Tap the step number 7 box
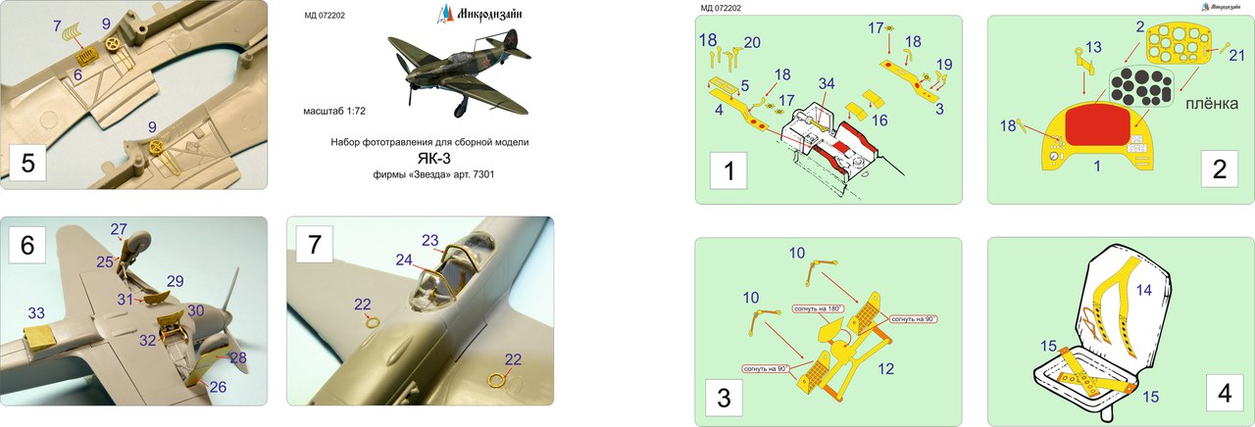(315, 244)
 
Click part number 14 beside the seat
(1143, 291)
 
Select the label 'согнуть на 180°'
(818, 308)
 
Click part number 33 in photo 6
(36, 313)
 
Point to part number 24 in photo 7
(403, 261)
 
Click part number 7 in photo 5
(57, 24)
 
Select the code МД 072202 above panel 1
(721, 8)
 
